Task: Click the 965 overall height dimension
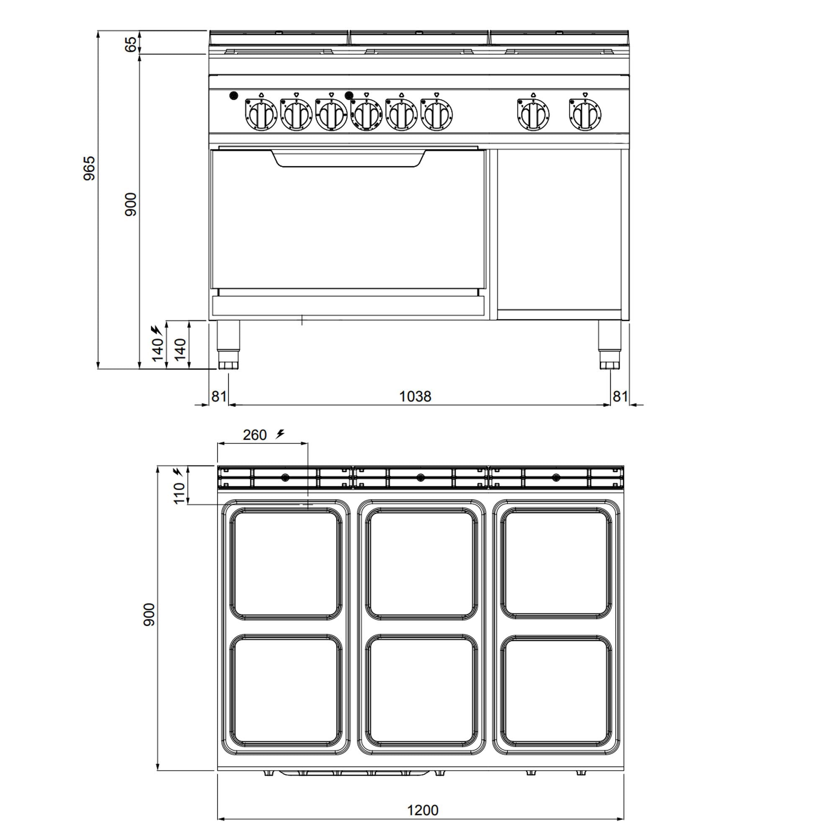[x=89, y=168]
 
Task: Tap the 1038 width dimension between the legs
[x=415, y=396]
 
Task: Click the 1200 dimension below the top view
[x=422, y=810]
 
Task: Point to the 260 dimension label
[x=255, y=435]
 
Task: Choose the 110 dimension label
[x=179, y=493]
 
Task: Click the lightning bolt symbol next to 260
[x=280, y=433]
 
